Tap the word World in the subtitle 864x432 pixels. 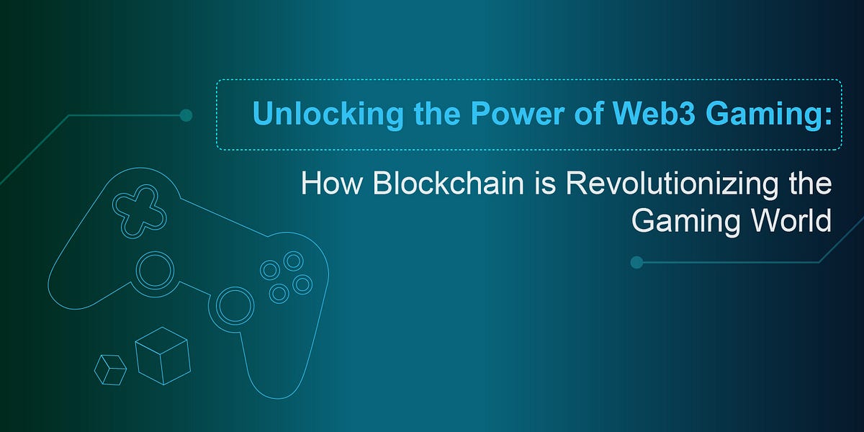(790, 221)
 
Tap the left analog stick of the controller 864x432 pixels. (155, 270)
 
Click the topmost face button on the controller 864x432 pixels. (293, 261)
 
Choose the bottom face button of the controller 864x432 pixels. (279, 292)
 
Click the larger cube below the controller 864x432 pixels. (162, 355)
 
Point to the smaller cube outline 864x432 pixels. (110, 369)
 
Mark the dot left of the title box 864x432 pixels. (186, 115)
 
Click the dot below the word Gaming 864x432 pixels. (636, 262)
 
